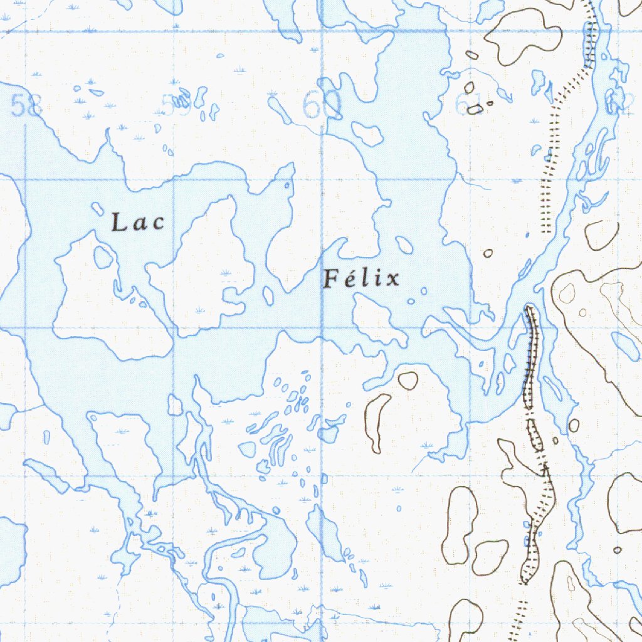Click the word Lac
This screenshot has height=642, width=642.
(138, 223)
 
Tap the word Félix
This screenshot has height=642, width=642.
(362, 278)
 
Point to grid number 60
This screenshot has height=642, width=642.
(322, 105)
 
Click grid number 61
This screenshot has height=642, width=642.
(469, 104)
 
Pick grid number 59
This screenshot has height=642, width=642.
(176, 104)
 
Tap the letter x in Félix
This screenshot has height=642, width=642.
(392, 279)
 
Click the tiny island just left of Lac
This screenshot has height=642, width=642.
(97, 208)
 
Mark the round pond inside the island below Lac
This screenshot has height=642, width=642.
(103, 256)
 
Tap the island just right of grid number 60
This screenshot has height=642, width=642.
(367, 133)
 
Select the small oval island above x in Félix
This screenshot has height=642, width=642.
(404, 245)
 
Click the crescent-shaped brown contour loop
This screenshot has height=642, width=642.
(377, 422)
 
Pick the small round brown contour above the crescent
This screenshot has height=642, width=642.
(408, 379)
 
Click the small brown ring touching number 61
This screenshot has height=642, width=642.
(475, 110)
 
